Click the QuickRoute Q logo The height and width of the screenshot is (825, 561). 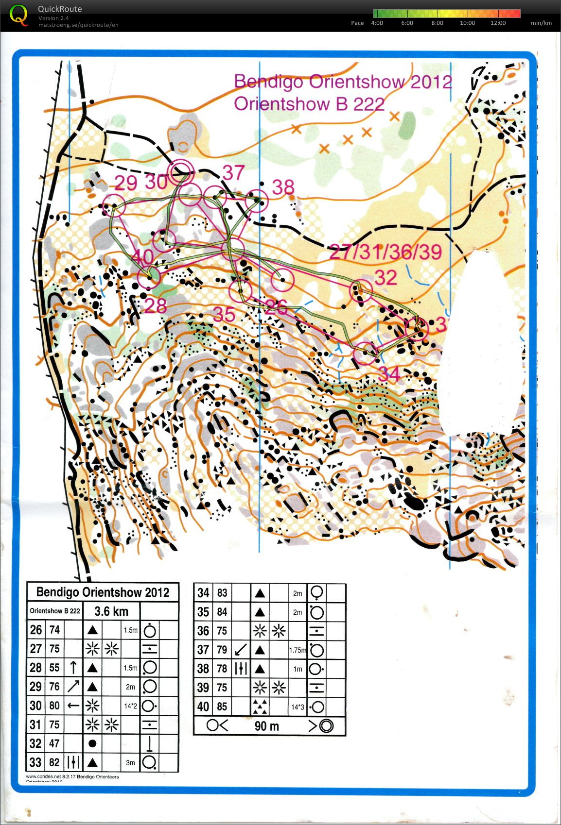click(19, 15)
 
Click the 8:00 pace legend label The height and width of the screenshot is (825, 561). click(437, 23)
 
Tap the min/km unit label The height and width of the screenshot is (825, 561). click(541, 23)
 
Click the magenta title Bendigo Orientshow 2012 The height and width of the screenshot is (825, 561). click(343, 82)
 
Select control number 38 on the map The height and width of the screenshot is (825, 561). click(283, 187)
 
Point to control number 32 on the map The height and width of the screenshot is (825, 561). click(386, 277)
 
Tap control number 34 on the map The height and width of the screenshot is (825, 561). click(389, 374)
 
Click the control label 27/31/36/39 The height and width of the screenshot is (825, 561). click(386, 252)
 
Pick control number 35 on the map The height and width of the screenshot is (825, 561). click(225, 315)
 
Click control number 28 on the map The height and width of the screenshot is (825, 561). click(156, 306)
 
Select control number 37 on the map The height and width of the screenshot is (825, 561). click(233, 172)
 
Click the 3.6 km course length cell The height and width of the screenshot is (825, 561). click(111, 611)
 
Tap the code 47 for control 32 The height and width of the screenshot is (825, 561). click(54, 743)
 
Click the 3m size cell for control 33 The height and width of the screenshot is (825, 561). click(130, 762)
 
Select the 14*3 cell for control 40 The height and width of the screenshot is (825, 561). click(298, 707)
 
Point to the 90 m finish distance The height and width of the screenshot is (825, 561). click(267, 726)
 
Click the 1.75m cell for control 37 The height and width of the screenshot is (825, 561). click(298, 650)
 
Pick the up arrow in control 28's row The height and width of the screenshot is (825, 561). click(73, 668)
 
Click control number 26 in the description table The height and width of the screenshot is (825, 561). click(36, 630)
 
